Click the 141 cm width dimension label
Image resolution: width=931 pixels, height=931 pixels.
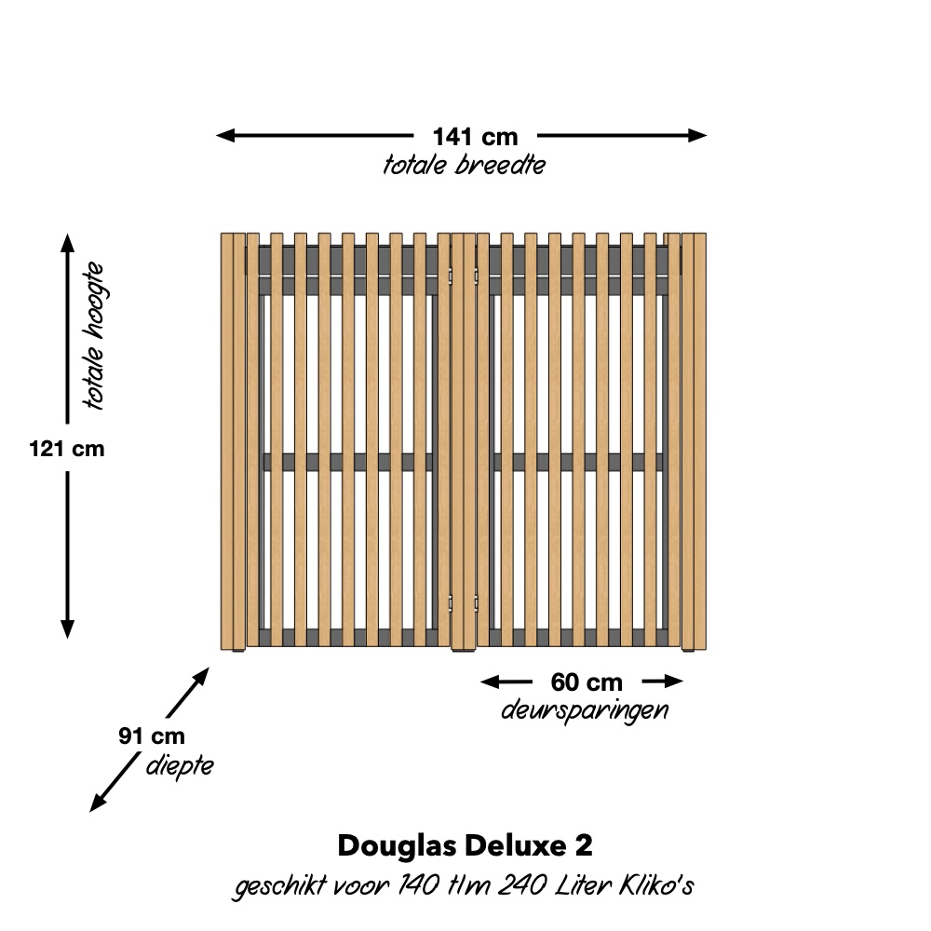click(x=475, y=137)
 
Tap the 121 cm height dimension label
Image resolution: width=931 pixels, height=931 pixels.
click(x=66, y=449)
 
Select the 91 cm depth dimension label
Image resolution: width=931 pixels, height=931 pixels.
click(x=152, y=736)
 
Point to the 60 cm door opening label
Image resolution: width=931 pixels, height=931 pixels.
click(x=587, y=682)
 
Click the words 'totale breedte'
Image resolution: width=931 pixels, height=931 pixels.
click(x=465, y=165)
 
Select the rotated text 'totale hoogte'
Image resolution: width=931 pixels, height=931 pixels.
click(x=94, y=336)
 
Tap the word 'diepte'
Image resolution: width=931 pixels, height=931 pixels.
click(x=180, y=766)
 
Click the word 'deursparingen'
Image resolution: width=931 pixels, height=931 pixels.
click(x=585, y=710)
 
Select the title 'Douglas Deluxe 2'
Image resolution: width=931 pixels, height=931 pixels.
click(x=465, y=845)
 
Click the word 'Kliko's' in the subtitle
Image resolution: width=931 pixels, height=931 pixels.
click(x=656, y=885)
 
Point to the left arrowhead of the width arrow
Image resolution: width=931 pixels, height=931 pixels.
click(x=225, y=135)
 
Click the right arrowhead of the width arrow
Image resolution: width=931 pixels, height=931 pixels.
click(x=697, y=135)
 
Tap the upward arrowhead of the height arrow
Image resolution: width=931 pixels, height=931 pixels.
click(x=67, y=243)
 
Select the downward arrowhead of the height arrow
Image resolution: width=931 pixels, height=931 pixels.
click(x=67, y=628)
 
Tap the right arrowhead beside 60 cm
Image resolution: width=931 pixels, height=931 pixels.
click(x=673, y=681)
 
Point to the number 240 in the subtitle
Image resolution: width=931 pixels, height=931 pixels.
click(x=522, y=885)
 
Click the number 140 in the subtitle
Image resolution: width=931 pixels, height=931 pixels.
click(x=419, y=885)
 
